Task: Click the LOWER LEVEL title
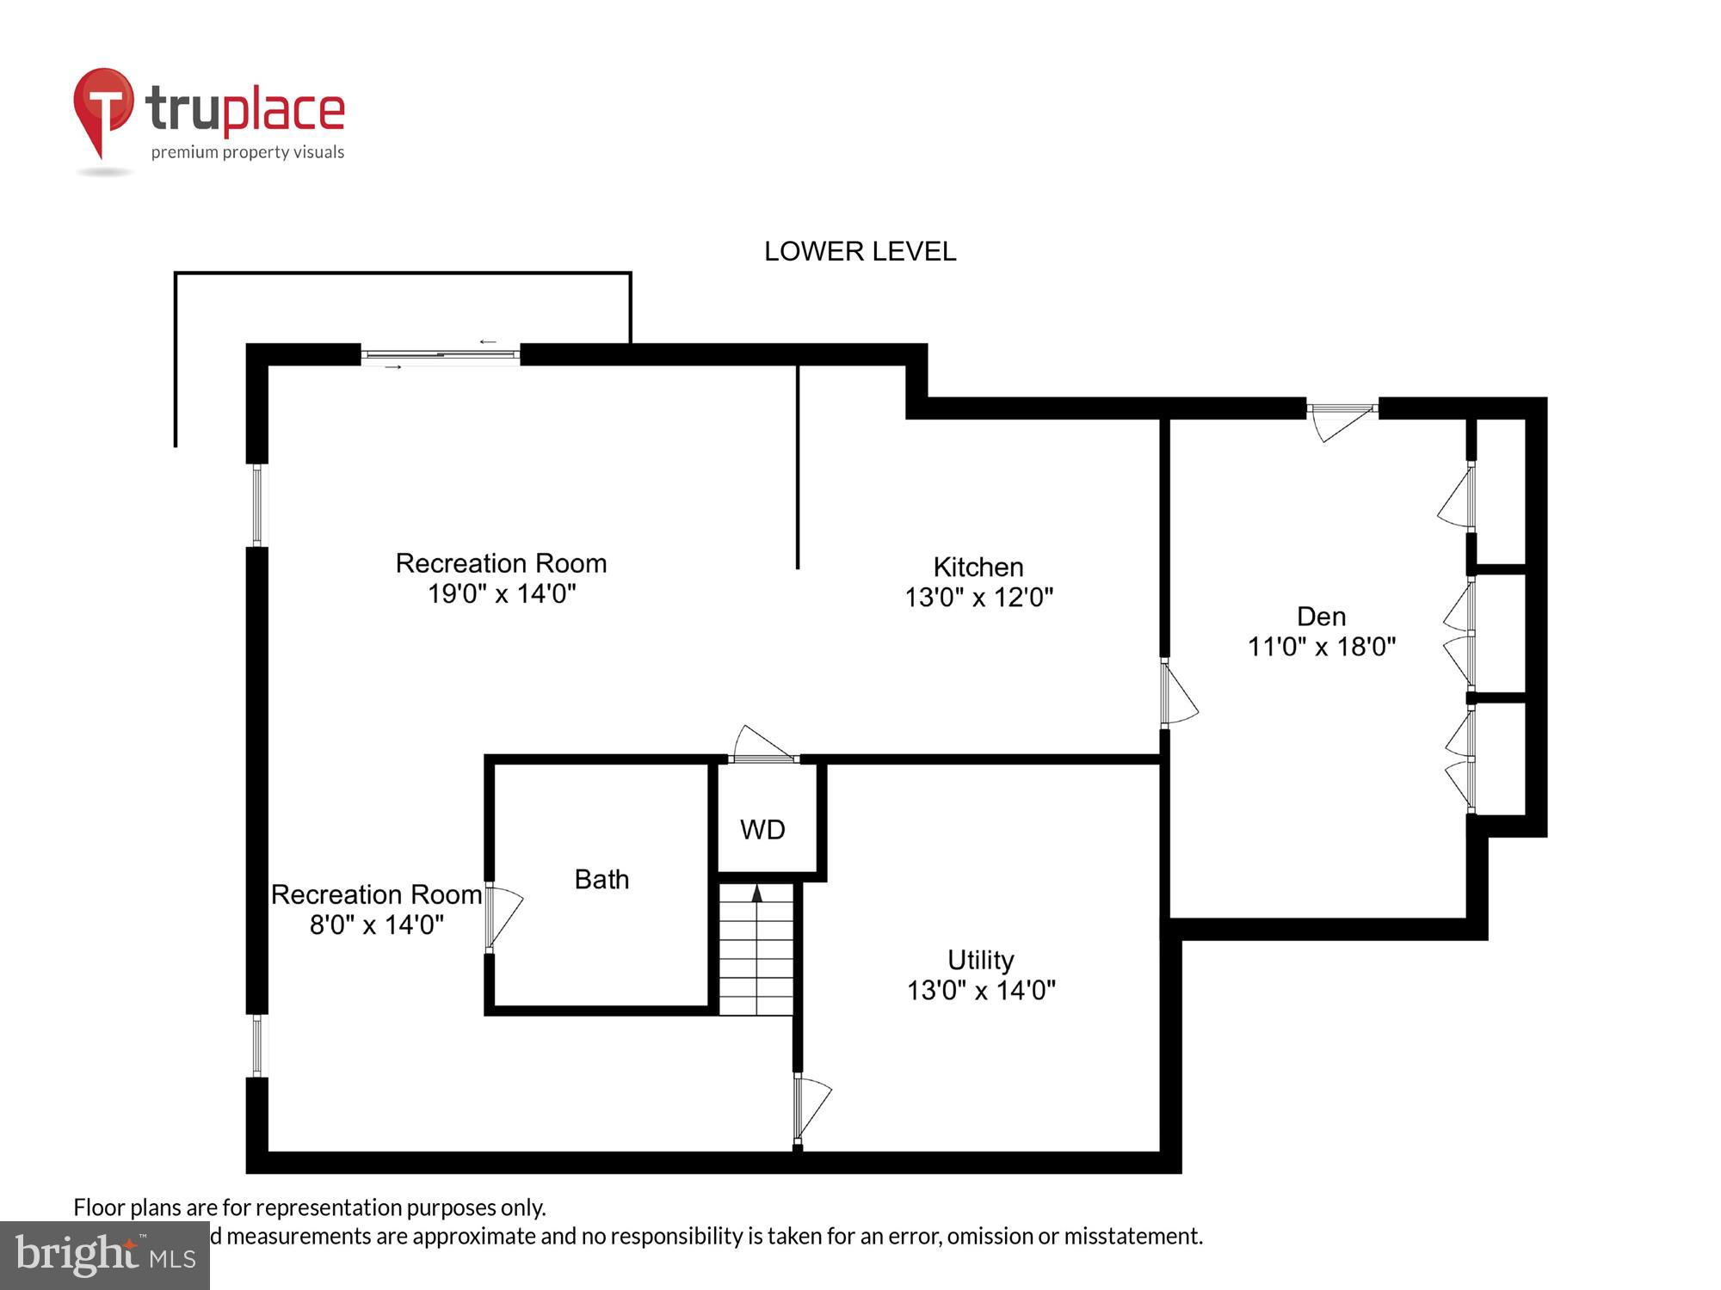tap(860, 251)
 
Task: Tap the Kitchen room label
tap(978, 567)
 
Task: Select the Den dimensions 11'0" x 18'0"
tap(1321, 647)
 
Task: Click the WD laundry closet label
tap(762, 830)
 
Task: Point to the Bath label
tap(601, 879)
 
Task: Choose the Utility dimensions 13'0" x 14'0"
tap(981, 990)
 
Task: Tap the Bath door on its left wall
tap(499, 917)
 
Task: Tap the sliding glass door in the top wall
tap(440, 354)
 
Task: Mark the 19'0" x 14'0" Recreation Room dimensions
tap(502, 593)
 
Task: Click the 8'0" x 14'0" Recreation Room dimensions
tap(377, 924)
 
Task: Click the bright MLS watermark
tap(105, 1256)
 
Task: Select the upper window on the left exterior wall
tap(256, 505)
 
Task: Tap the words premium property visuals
tap(248, 152)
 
